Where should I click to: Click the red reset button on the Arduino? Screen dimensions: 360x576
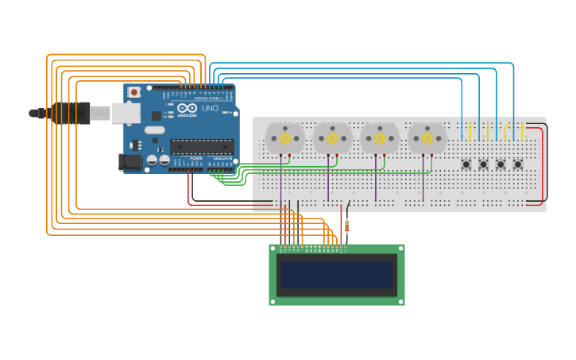133,92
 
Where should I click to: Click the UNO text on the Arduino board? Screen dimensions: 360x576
210,108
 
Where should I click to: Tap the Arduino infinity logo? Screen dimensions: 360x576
187,108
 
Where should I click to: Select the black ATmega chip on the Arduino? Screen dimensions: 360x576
202,147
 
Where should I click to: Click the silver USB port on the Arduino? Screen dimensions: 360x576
126,114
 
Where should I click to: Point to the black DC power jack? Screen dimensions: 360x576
130,162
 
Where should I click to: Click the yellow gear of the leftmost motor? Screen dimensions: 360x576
284,138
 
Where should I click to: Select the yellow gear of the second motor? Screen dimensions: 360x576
332,138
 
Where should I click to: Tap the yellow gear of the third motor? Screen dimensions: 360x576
380,138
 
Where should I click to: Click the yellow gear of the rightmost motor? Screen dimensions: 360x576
427,138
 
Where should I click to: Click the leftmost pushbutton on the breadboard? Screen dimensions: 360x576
466,165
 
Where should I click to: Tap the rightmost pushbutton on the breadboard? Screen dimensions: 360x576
518,165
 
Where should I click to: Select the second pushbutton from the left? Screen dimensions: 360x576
483,165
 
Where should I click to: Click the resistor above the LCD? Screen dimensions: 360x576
346,226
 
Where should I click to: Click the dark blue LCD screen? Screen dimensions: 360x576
336,275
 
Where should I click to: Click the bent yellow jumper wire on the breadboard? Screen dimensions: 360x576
506,130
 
